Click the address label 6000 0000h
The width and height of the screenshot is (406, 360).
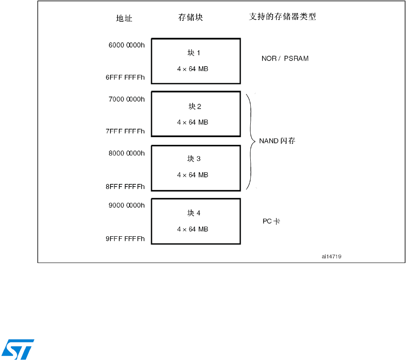126,45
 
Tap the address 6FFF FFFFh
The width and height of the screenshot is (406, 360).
125,77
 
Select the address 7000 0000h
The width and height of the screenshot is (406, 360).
126,99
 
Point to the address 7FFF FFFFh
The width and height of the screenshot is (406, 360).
125,131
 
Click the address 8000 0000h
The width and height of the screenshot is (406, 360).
126,153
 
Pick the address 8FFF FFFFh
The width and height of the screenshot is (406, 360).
125,186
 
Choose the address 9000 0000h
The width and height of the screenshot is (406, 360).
126,205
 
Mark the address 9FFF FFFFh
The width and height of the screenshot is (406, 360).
125,239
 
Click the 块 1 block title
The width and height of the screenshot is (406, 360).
194,53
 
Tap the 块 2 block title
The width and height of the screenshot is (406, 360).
195,107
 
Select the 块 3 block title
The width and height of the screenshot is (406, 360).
194,159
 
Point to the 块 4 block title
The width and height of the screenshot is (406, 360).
194,213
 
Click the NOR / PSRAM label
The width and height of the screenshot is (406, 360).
285,59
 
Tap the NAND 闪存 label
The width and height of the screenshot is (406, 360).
277,141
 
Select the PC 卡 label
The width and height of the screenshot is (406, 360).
271,221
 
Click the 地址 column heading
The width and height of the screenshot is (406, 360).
124,19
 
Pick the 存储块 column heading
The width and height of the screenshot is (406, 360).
190,18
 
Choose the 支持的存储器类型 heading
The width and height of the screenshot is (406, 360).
282,17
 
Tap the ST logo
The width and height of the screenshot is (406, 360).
18,349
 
